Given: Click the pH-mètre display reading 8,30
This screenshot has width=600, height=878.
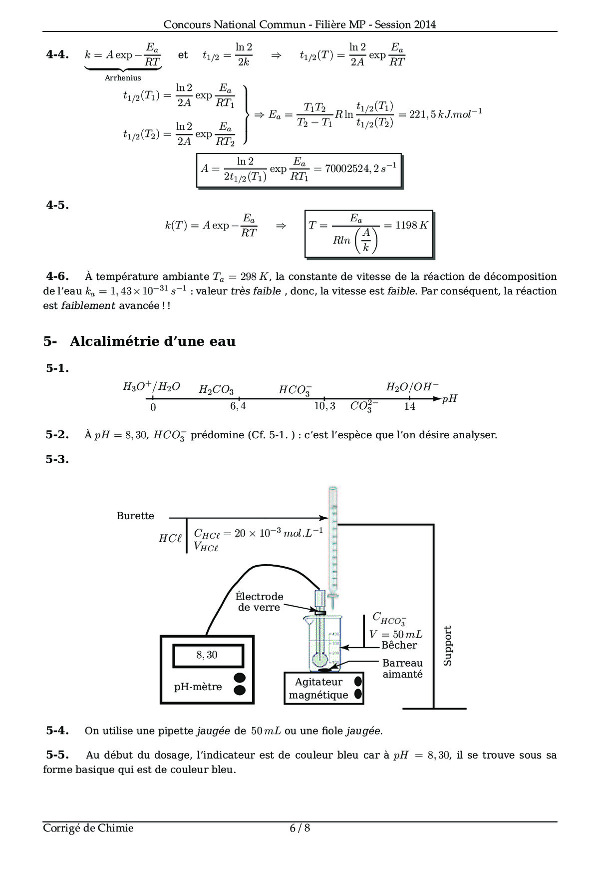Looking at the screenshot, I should pos(207,655).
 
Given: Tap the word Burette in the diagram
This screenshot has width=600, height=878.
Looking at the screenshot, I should pos(135,516).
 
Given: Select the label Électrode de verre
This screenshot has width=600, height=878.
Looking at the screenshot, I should pos(259,602).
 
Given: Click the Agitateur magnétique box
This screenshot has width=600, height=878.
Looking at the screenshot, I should pos(318,688).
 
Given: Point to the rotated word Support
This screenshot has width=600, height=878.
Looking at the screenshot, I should pos(447,645).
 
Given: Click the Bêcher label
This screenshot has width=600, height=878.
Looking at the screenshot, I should pos(399,645).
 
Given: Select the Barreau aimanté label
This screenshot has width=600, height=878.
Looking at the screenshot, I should pos(402,669).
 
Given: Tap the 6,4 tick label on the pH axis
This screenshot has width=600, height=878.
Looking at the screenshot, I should pos(238,406).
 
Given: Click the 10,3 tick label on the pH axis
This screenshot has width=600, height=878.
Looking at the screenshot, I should pos(324,406).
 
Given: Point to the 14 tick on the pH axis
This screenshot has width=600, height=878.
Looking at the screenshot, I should pos(410,406).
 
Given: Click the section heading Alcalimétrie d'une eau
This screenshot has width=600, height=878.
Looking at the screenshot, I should pos(152,341).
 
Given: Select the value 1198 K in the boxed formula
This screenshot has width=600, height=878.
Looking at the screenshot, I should pos(411,225).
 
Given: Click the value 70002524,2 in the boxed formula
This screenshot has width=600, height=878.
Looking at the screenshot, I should pos(351,169).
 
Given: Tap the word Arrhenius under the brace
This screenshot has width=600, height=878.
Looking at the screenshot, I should pos(123,78).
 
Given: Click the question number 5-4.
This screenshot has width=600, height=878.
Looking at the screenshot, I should pos(57,731).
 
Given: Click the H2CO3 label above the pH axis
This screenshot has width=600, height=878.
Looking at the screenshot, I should pos(216,390).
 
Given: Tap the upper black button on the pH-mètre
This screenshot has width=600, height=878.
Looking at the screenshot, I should pos(240,678).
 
